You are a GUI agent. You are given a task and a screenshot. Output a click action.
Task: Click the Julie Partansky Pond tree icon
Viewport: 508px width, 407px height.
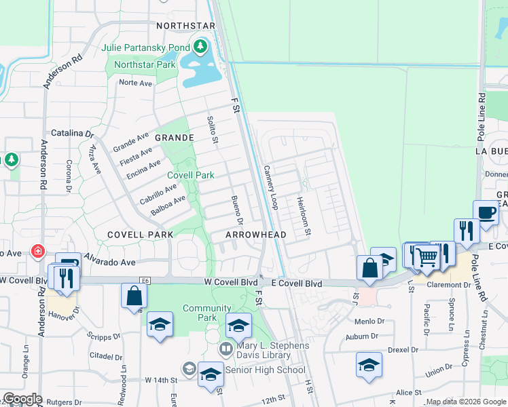pos(200,47)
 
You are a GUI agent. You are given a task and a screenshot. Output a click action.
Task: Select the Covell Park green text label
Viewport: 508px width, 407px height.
pos(191,175)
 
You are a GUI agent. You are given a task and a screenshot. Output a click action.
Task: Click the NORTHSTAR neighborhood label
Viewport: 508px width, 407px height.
pos(185,26)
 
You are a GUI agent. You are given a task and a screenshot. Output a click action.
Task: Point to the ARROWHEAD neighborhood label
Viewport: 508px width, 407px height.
pos(256,234)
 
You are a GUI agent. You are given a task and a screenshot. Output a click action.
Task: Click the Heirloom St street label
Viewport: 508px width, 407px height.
pos(303,216)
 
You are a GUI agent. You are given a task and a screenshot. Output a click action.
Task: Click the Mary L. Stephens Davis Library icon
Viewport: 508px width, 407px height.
pos(226,349)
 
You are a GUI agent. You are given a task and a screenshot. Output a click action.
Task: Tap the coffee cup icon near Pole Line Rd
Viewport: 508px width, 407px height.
pos(486,212)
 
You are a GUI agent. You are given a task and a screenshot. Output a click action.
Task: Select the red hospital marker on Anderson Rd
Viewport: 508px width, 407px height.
pos(37,251)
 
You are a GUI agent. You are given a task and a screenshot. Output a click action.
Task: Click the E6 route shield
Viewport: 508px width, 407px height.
pos(144,279)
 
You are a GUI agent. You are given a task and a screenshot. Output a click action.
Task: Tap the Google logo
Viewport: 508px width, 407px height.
pos(22,399)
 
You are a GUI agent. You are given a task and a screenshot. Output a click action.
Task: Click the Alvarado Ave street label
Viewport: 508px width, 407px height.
pos(108,262)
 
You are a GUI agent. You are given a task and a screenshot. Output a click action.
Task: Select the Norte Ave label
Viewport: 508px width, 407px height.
pos(135,83)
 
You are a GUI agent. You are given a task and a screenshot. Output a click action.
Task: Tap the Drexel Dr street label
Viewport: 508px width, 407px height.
pos(403,350)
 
